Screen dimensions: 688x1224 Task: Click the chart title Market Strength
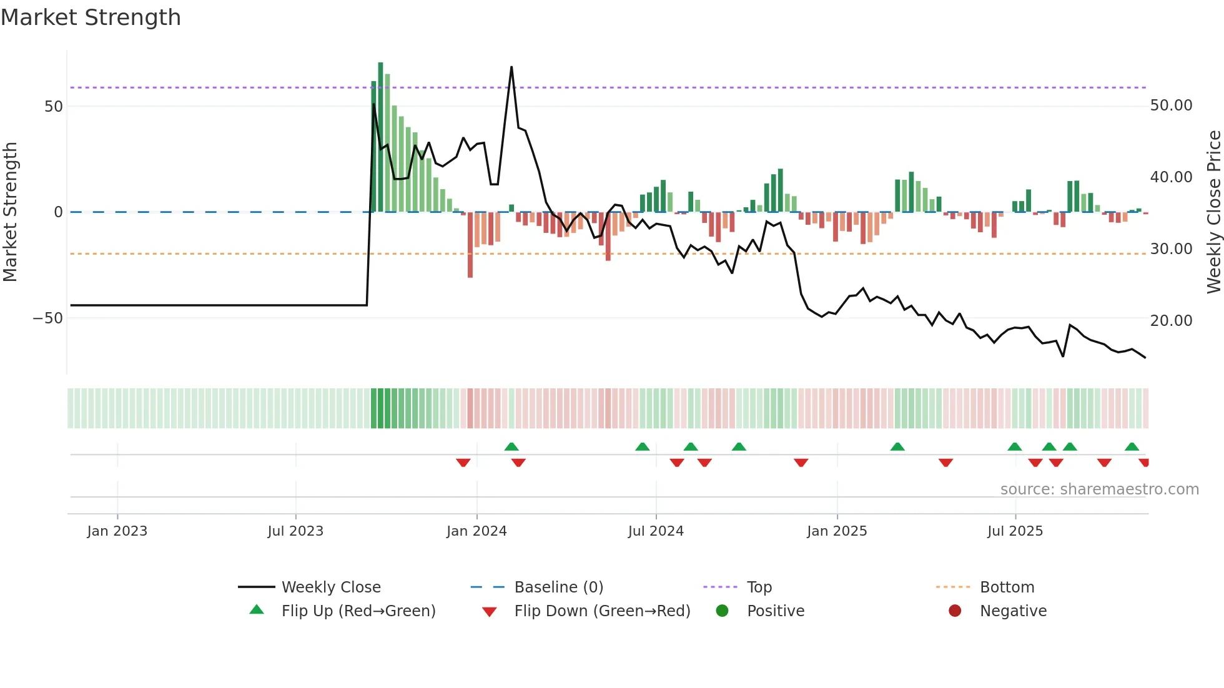(91, 17)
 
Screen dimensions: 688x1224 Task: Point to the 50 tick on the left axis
(54, 107)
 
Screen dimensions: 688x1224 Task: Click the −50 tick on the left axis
(48, 318)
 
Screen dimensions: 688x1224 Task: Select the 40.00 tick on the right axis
(1171, 177)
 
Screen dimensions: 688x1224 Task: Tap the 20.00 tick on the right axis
(1171, 321)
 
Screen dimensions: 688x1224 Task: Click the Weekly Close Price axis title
(1213, 212)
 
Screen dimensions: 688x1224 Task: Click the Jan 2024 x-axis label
(476, 531)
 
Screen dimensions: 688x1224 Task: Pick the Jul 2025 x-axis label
(1015, 531)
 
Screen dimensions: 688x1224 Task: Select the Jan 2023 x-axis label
(117, 531)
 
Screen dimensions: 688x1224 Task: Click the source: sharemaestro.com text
(1099, 489)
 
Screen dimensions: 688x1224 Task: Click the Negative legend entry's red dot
(955, 611)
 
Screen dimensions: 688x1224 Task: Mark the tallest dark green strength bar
(380, 137)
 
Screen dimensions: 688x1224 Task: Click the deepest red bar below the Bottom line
(470, 245)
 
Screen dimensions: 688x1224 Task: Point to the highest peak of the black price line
(511, 67)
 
